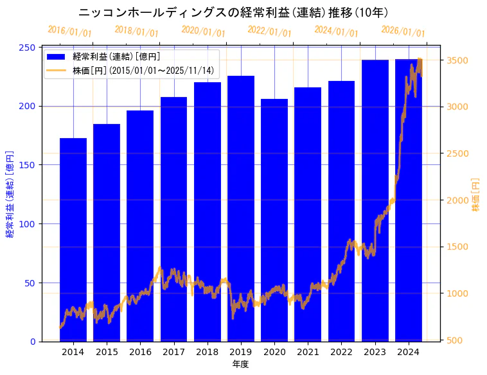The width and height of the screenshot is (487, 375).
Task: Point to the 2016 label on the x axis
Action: pos(140,352)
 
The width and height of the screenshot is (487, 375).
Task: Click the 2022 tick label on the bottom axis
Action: pos(341,352)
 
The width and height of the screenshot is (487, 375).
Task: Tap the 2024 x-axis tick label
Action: pos(409,352)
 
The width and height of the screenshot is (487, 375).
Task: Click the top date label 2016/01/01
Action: pos(70,31)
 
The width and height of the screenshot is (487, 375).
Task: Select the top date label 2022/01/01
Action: pos(270,31)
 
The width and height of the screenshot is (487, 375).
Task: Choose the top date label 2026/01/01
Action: pos(403,31)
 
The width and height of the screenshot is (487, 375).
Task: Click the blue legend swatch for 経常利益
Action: pos(57,57)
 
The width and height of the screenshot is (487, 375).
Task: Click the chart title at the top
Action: pos(233,13)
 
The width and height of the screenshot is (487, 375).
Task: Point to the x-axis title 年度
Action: pos(240,364)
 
